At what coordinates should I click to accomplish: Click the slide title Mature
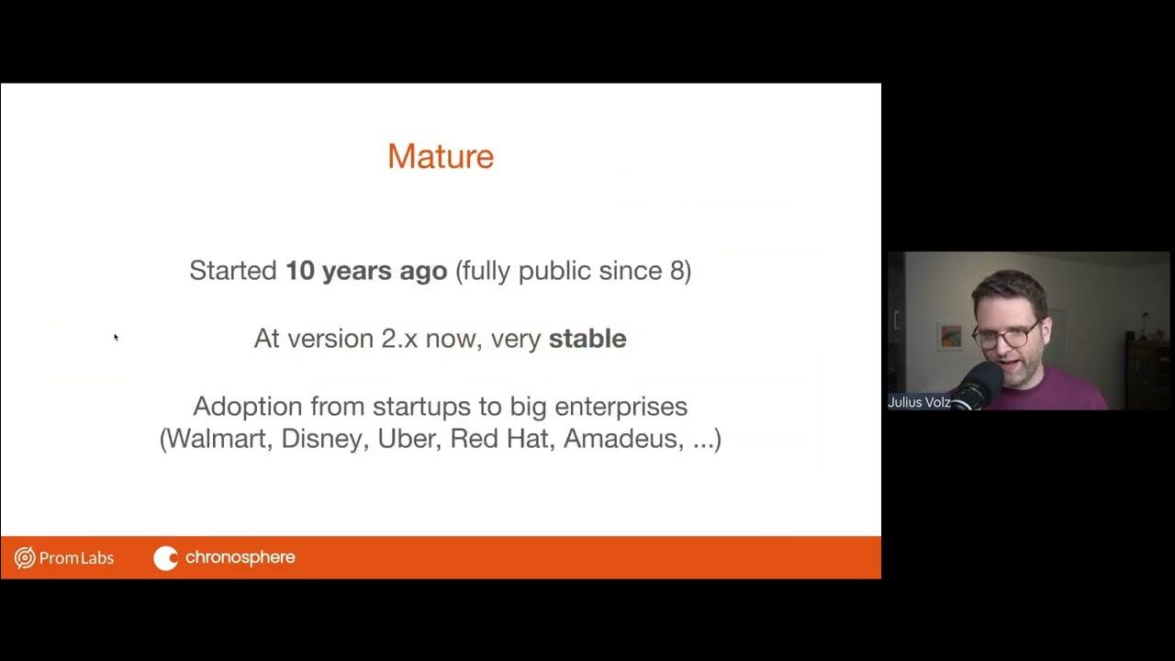click(x=441, y=156)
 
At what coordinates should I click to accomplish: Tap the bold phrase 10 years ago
click(x=366, y=271)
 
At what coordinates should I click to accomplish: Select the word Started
click(x=233, y=271)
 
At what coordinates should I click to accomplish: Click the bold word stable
click(x=587, y=339)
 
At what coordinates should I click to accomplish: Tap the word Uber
click(x=408, y=439)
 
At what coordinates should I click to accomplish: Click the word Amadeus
click(x=622, y=439)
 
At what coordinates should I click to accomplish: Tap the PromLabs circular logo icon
click(x=25, y=557)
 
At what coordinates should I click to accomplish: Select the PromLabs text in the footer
click(x=76, y=557)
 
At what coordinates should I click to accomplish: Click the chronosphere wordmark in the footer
click(x=240, y=557)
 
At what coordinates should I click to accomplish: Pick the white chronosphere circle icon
click(x=165, y=557)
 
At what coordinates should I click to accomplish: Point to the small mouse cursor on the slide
click(x=116, y=337)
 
